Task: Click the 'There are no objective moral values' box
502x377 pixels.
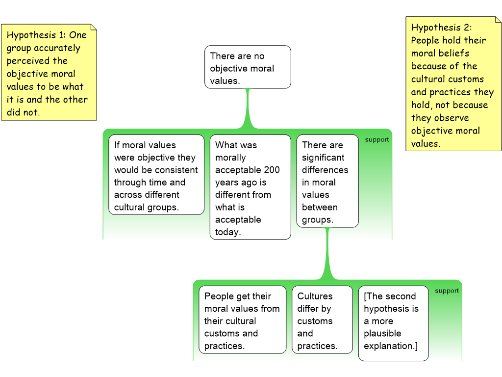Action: tap(248, 67)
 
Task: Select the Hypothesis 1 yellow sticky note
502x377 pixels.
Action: tap(49, 73)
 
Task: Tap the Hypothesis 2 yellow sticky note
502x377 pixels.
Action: tap(453, 83)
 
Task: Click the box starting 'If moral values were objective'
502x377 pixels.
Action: tap(156, 175)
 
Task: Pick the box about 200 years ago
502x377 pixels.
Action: tap(250, 187)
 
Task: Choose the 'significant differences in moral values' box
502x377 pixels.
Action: tap(327, 181)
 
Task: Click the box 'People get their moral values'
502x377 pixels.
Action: tap(242, 320)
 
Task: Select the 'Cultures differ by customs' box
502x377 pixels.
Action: tap(322, 320)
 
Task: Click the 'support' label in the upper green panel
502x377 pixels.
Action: tap(376, 140)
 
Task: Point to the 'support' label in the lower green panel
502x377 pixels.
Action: tap(447, 291)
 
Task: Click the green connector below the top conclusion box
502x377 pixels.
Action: tap(248, 108)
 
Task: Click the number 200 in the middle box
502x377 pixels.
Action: tap(272, 170)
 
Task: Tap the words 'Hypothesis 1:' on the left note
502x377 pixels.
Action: tap(36, 35)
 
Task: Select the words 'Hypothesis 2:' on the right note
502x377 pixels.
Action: tap(441, 27)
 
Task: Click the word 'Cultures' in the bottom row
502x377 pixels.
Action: tap(315, 296)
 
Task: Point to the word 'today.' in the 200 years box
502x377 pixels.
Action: tap(228, 232)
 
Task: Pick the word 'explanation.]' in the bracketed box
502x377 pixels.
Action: tap(391, 346)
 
